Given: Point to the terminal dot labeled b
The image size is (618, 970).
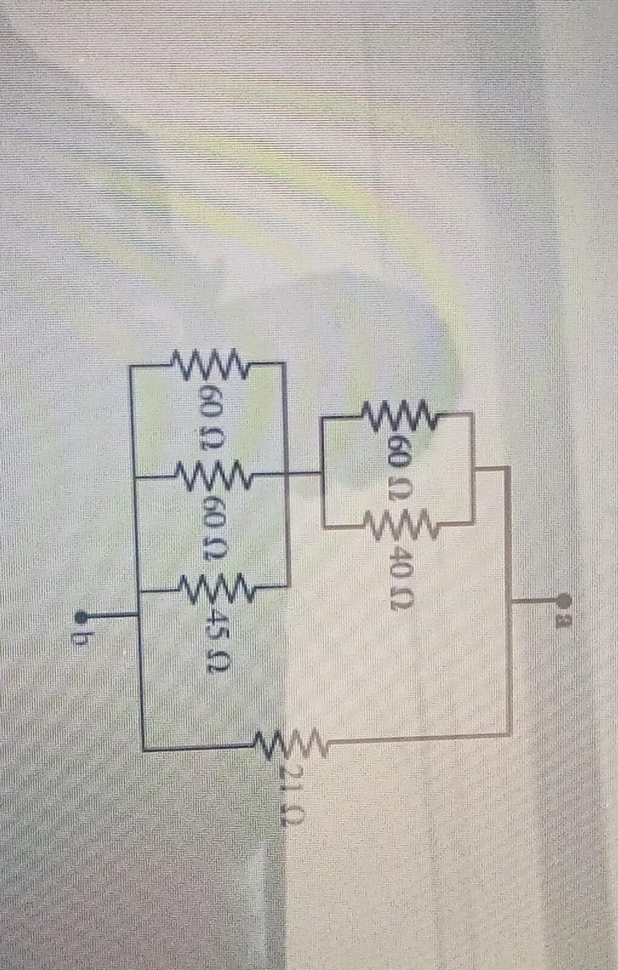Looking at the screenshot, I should [x=82, y=615].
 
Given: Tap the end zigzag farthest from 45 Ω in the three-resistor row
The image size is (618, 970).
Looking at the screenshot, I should [x=211, y=364].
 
